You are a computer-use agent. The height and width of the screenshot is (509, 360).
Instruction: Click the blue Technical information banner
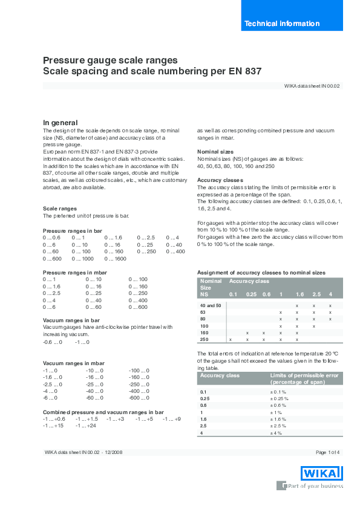(x=282, y=24)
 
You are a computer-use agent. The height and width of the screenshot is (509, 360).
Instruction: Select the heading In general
(x=60, y=122)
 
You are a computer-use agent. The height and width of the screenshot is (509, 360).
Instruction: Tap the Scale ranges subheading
(x=60, y=209)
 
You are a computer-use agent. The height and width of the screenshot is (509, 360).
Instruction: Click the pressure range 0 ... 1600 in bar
(x=115, y=259)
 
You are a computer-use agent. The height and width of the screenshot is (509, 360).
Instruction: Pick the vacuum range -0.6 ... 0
(x=53, y=342)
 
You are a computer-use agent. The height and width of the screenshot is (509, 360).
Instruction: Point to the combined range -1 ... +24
(x=85, y=426)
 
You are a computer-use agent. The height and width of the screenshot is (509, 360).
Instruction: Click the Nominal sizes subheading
(x=216, y=151)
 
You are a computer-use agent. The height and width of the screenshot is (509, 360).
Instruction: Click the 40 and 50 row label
(x=211, y=306)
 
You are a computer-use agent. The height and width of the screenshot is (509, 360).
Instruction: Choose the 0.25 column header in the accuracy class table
(x=251, y=294)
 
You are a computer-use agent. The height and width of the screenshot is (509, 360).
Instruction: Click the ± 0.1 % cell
(x=279, y=392)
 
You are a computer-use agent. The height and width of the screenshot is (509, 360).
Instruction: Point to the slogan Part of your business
(x=315, y=485)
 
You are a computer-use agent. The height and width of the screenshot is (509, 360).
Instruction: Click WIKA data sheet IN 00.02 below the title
(x=312, y=86)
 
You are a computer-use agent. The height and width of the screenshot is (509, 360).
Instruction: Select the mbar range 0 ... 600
(x=138, y=307)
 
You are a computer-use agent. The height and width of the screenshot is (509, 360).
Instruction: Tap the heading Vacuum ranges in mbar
(x=70, y=363)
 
